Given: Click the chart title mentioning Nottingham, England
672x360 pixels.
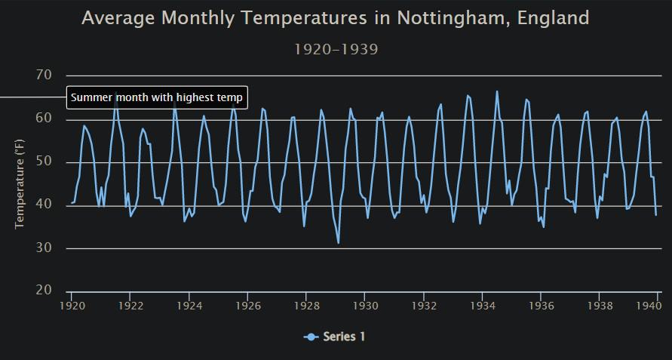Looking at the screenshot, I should click(x=335, y=18).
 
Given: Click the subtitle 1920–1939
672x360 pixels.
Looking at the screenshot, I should click(x=336, y=50).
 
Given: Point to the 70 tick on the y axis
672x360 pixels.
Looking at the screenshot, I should click(x=44, y=75).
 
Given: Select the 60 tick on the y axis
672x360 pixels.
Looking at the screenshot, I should click(x=44, y=118).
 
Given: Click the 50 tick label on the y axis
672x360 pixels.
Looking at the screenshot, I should click(x=44, y=162).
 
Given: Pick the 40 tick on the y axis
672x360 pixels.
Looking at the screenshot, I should click(x=44, y=205).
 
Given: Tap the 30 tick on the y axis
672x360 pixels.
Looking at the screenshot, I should click(x=44, y=248).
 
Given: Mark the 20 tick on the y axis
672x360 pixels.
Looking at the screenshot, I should click(x=44, y=291).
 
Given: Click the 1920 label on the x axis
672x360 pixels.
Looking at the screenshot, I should click(x=72, y=306).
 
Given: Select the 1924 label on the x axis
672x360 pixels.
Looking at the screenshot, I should click(x=189, y=306).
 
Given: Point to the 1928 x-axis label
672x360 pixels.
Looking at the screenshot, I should click(x=306, y=306).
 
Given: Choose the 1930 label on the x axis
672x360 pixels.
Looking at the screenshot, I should click(x=365, y=306).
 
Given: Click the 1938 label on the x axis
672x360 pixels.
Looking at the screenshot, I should click(x=600, y=306).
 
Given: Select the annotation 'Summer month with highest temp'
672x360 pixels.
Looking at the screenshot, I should click(x=157, y=97).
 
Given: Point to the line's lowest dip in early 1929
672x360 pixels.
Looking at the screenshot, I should click(x=339, y=242).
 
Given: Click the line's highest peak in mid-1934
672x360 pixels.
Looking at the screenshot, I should click(x=497, y=91).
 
